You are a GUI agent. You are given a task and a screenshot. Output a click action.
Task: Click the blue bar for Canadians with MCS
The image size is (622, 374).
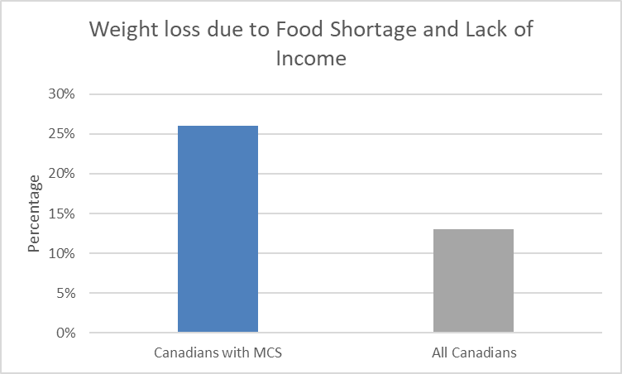pyautogui.click(x=218, y=229)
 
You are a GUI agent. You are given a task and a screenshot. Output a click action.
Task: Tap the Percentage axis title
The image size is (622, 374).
pyautogui.click(x=35, y=213)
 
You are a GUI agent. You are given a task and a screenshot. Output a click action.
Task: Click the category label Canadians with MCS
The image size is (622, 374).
pyautogui.click(x=218, y=353)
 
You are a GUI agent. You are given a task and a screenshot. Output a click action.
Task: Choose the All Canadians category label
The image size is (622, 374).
pyautogui.click(x=474, y=353)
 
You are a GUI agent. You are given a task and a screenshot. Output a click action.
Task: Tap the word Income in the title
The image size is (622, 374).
pyautogui.click(x=311, y=59)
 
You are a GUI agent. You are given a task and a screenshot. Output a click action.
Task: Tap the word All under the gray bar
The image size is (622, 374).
pyautogui.click(x=441, y=353)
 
